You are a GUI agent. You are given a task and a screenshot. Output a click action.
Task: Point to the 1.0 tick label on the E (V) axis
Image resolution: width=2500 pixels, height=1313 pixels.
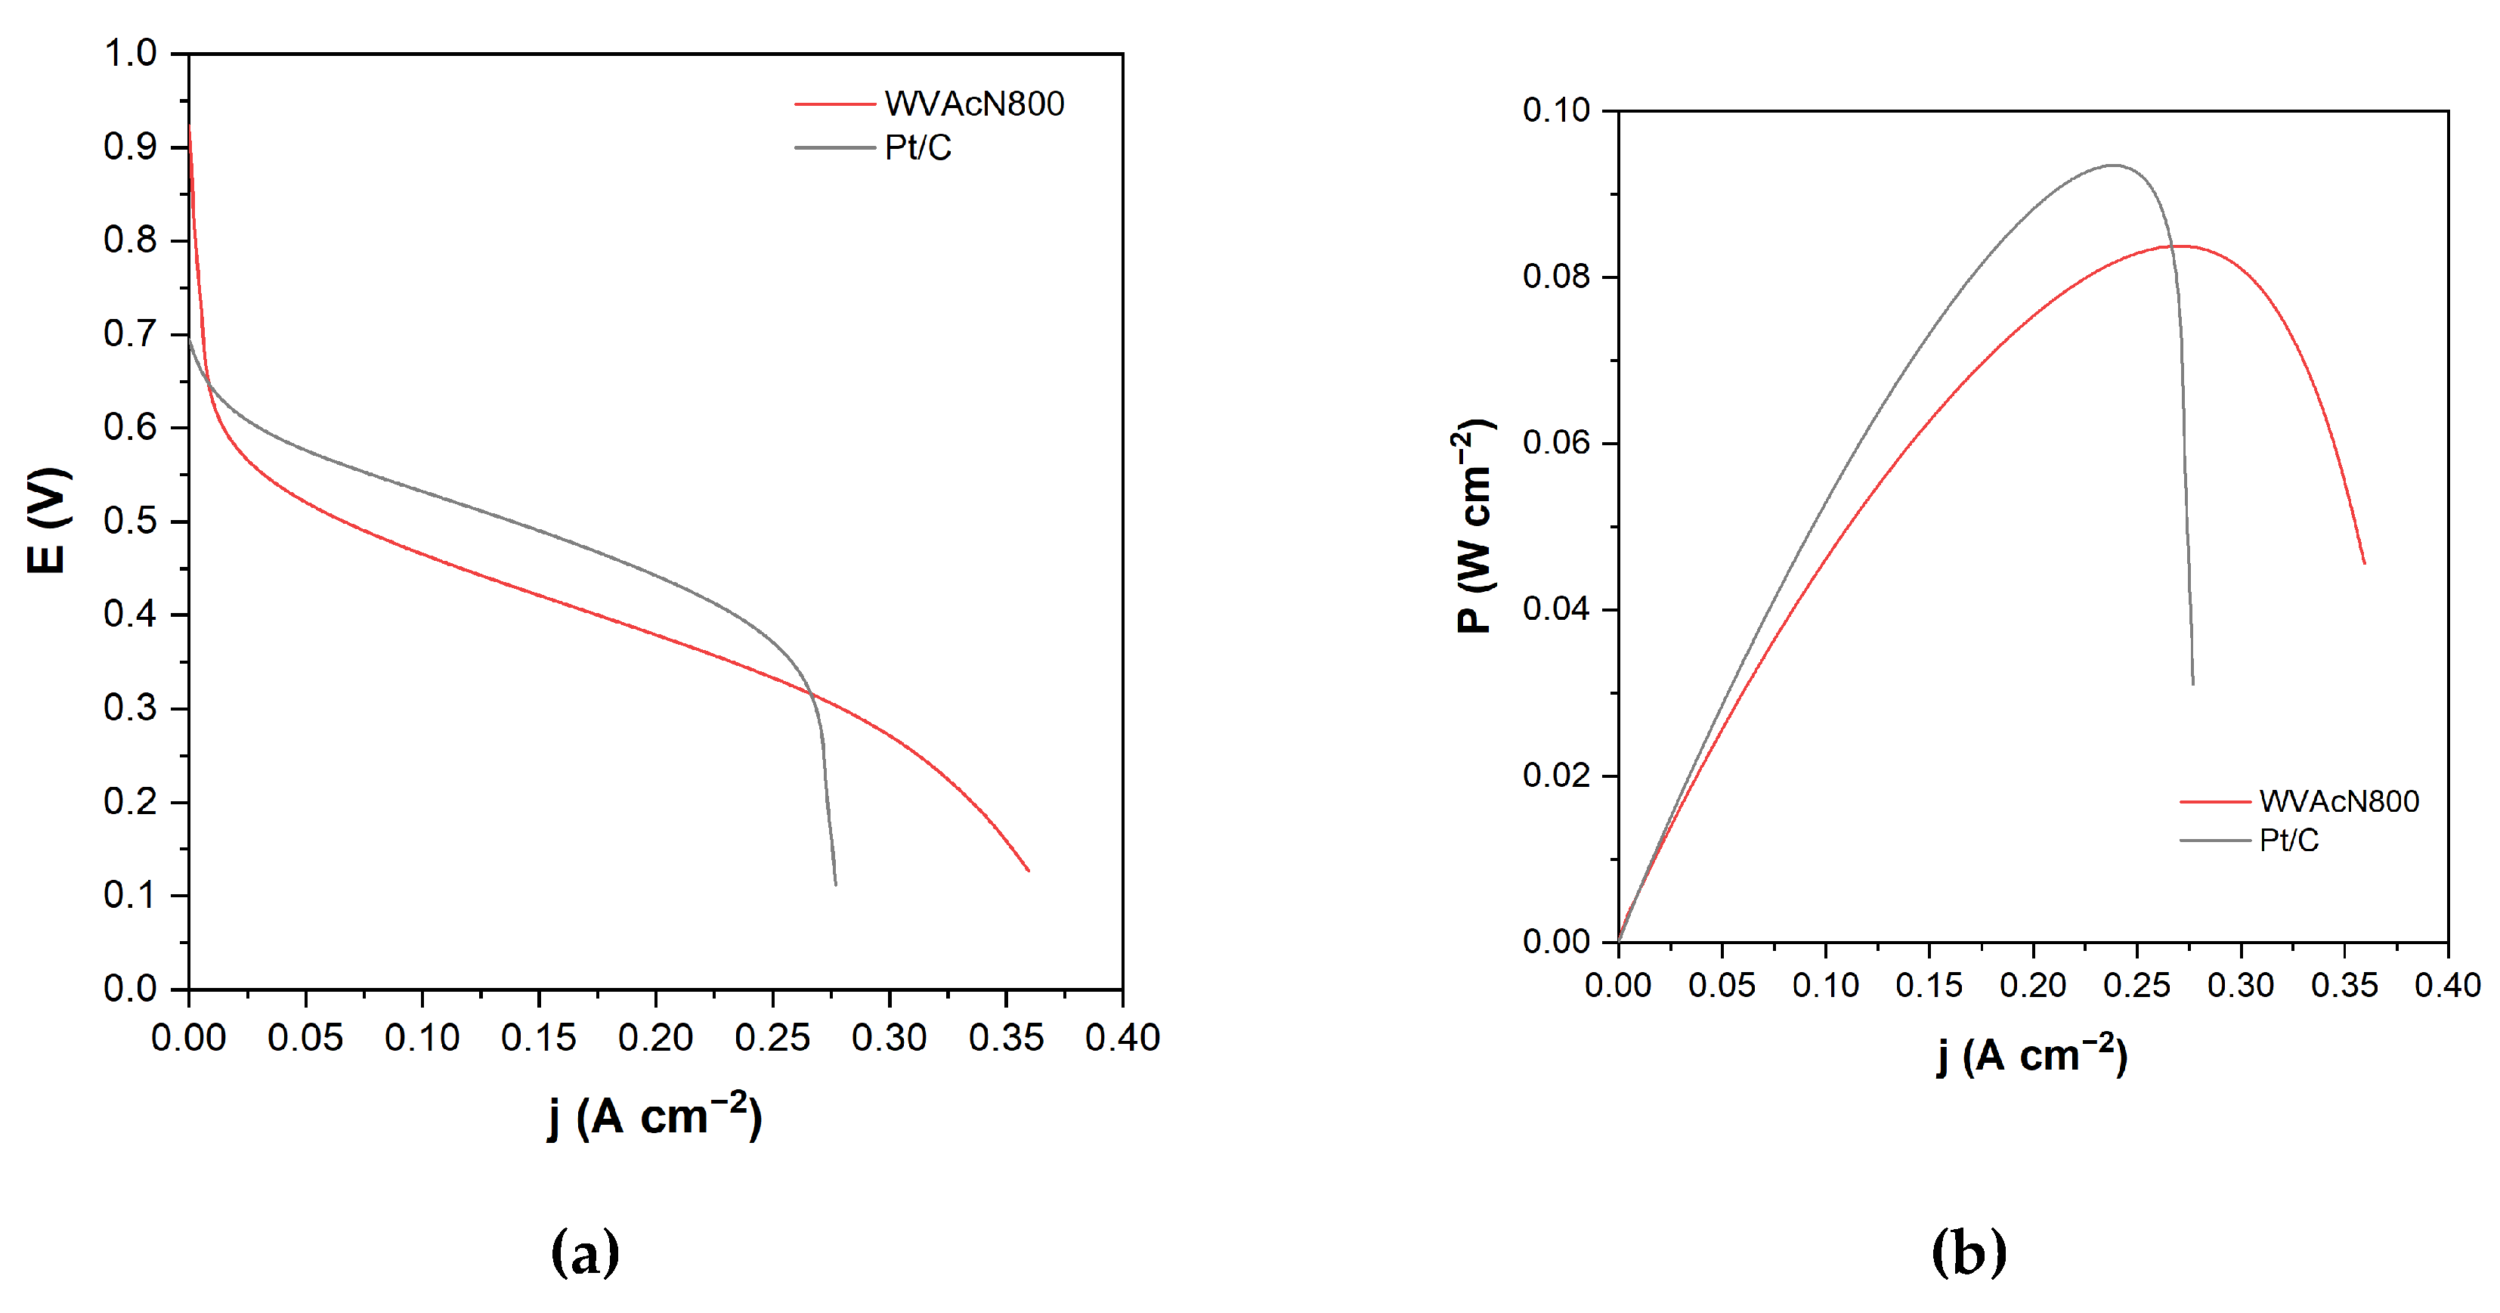click(130, 54)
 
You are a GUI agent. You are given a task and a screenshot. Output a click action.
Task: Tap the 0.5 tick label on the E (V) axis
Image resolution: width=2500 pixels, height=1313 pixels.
click(130, 521)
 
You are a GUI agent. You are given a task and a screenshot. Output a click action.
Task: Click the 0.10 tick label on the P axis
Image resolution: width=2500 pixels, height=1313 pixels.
click(1556, 110)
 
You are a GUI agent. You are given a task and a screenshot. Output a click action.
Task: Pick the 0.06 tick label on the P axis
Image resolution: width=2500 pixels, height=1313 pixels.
click(1556, 444)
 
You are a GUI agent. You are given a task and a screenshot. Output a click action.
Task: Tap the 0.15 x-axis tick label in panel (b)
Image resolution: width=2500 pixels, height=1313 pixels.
click(1929, 986)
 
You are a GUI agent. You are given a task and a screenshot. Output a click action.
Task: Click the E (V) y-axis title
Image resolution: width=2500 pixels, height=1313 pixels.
click(48, 520)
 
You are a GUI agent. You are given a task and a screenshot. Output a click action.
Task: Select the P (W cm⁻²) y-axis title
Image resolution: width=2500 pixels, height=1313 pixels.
click(1474, 526)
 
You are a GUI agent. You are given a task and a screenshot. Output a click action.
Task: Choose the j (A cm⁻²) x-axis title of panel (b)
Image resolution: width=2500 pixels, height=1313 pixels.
click(2032, 1056)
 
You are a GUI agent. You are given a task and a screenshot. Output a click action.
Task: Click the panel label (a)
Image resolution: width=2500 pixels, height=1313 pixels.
click(584, 1252)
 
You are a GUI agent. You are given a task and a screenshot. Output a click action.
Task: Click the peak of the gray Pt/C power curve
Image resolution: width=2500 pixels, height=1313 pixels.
click(2113, 165)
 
